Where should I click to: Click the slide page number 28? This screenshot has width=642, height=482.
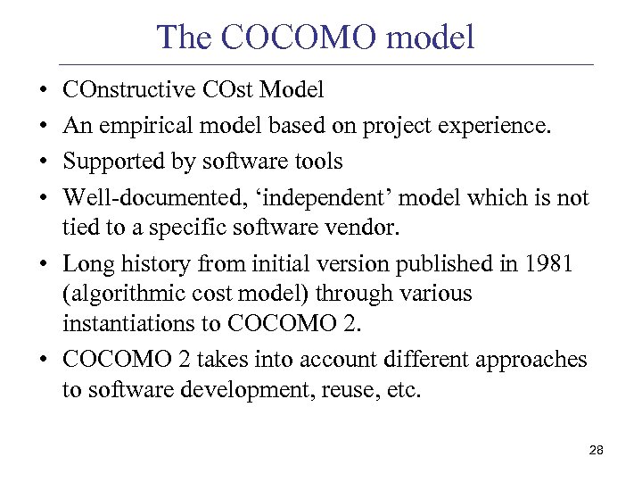(597, 451)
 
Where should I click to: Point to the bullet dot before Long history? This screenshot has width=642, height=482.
(44, 264)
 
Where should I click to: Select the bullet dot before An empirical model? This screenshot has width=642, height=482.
(44, 127)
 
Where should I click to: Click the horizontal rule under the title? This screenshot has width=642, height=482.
(325, 65)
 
